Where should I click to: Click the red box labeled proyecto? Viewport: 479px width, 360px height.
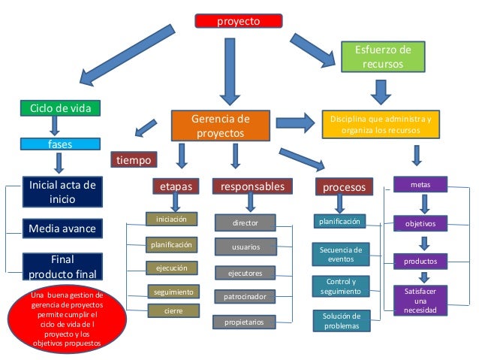coord(239,21)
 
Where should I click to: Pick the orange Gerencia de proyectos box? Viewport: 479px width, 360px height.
coord(220,126)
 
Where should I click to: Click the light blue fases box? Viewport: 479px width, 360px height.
coord(59,143)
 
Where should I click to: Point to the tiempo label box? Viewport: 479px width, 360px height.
coord(134,160)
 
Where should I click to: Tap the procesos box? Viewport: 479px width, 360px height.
coord(343,186)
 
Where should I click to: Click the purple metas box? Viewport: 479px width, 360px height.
coord(420,183)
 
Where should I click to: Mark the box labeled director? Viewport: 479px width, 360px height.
coord(245,223)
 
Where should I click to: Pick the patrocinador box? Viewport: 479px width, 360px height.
coord(245,297)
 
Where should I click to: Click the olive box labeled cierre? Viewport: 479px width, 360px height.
coord(173,310)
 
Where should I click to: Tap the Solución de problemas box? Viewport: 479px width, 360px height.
coord(341,321)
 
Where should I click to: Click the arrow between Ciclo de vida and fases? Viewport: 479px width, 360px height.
coord(54,125)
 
